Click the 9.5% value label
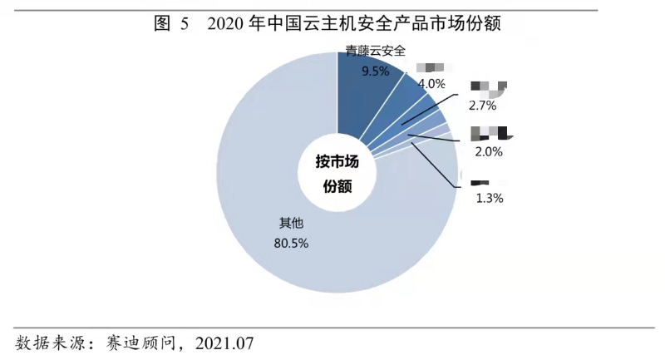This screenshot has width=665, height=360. point(376,72)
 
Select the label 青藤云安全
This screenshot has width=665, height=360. point(376,52)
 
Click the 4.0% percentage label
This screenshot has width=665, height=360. point(431,83)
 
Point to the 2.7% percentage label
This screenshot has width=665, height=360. point(482,106)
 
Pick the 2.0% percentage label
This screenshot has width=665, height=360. point(487,151)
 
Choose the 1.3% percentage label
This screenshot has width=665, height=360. point(489,198)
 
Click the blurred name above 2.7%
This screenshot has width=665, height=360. point(488,86)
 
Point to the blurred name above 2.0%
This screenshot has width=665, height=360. point(490,131)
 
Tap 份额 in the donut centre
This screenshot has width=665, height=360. point(337,187)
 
